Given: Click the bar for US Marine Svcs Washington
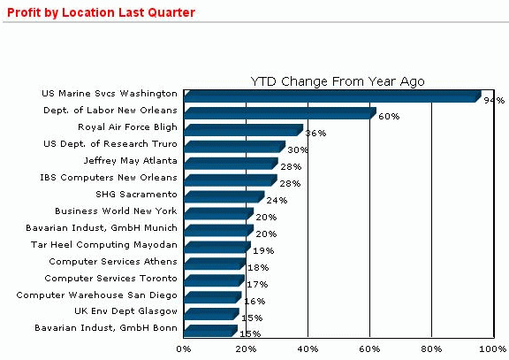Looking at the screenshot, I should pyautogui.click(x=331, y=96).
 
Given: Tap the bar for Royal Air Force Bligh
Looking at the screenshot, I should pyautogui.click(x=242, y=129).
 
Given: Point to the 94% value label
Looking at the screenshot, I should pyautogui.click(x=493, y=101).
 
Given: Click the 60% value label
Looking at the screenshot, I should pyautogui.click(x=389, y=117).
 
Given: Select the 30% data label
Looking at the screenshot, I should pyautogui.click(x=298, y=150).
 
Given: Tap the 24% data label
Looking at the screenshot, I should pyautogui.click(x=277, y=201).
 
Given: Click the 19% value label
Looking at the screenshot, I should pyautogui.click(x=263, y=251).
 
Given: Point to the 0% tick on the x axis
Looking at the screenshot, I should pyautogui.click(x=184, y=349).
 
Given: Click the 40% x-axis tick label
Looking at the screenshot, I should pyautogui.click(x=308, y=349).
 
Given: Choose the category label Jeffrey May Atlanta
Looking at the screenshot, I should pyautogui.click(x=130, y=160).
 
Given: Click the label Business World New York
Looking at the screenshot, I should pyautogui.click(x=116, y=211).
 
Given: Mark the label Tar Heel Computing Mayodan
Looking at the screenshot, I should pyautogui.click(x=104, y=244).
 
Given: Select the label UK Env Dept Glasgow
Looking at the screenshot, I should pyautogui.click(x=125, y=311).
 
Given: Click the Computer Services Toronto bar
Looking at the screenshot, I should pyautogui.click(x=212, y=280).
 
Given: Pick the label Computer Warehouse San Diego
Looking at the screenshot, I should pyautogui.click(x=97, y=295).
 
